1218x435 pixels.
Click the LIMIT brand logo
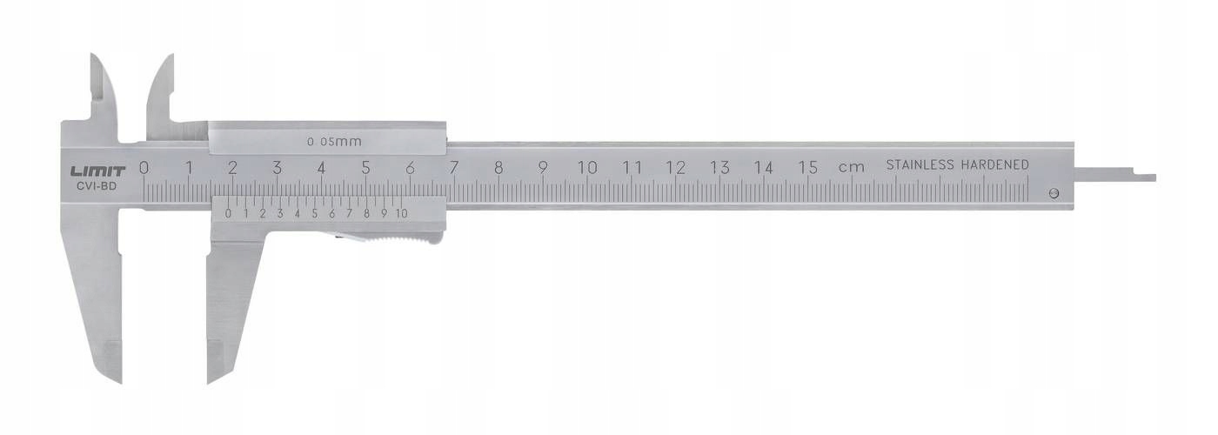point(98,171)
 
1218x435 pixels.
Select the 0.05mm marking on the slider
point(334,141)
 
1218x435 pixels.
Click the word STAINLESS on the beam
point(920,164)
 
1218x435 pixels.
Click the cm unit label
point(851,167)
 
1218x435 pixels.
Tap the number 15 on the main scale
point(808,168)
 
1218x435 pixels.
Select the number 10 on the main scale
point(587,168)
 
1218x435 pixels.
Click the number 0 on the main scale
point(144,168)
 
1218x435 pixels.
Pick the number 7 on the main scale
point(454,168)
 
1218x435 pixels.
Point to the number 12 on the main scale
point(676,168)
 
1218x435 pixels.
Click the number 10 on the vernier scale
point(401,212)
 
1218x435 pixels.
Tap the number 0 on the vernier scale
point(228,212)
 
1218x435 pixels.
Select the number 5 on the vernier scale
point(314,212)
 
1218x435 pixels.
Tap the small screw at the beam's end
point(1054,194)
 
